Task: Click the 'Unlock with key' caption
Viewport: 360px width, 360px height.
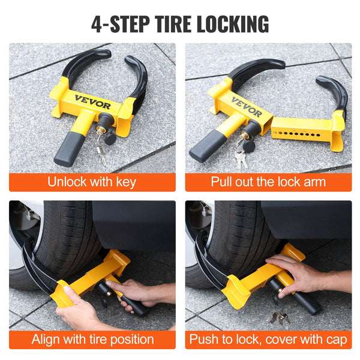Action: [x=92, y=182]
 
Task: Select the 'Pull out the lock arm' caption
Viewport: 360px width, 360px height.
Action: [x=268, y=182]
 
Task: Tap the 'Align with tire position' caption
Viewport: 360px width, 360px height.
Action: [x=92, y=340]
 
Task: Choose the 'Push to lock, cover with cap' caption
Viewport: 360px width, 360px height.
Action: [x=268, y=340]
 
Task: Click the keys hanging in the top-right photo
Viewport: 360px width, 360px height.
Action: [x=241, y=158]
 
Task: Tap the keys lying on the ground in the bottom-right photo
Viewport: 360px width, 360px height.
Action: [x=279, y=316]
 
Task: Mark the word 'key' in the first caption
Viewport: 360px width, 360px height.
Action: [x=124, y=182]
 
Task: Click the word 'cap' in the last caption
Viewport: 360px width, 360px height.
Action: [x=335, y=340]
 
